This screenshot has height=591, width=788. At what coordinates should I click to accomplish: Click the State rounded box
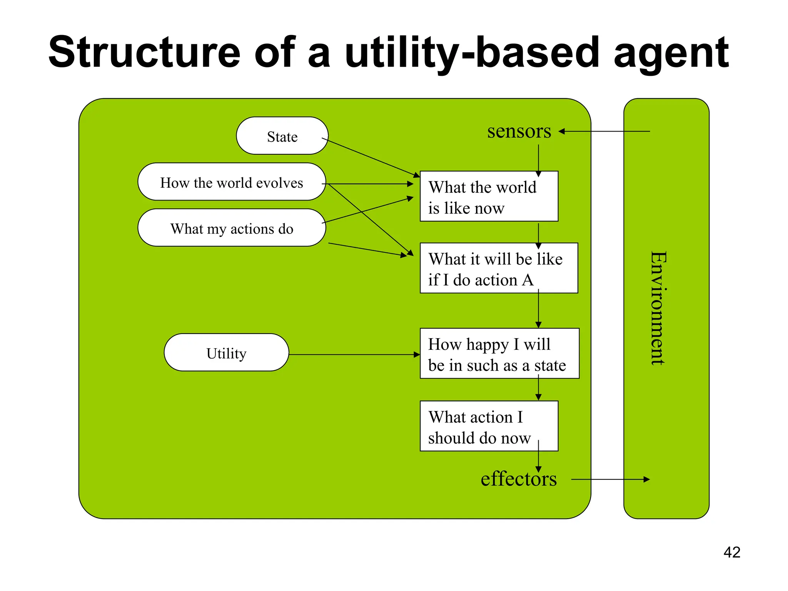tap(282, 136)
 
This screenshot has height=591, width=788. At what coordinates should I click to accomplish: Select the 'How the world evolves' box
tap(232, 182)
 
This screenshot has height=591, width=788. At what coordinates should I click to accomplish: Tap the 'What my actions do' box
tap(232, 228)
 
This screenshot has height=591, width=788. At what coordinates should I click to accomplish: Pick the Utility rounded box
tap(226, 352)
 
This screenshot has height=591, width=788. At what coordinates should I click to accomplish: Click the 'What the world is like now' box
tap(489, 196)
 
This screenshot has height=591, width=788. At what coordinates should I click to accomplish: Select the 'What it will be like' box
tap(499, 268)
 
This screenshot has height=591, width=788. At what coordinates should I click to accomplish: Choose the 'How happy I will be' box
tap(499, 354)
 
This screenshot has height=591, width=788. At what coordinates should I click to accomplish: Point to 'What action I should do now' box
tap(489, 426)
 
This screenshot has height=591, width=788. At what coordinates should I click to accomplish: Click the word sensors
tap(519, 131)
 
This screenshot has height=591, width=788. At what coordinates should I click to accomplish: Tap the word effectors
tap(519, 479)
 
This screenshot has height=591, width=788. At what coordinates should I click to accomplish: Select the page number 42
tap(732, 553)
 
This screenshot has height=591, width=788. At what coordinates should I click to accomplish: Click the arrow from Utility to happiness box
tap(354, 355)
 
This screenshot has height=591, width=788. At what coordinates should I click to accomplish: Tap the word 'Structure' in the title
tap(144, 52)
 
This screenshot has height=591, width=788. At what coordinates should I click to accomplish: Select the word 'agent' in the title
tap(671, 52)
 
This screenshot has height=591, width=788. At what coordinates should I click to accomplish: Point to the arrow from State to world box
tap(371, 158)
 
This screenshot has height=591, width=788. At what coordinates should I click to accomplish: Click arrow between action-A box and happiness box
tap(538, 310)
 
